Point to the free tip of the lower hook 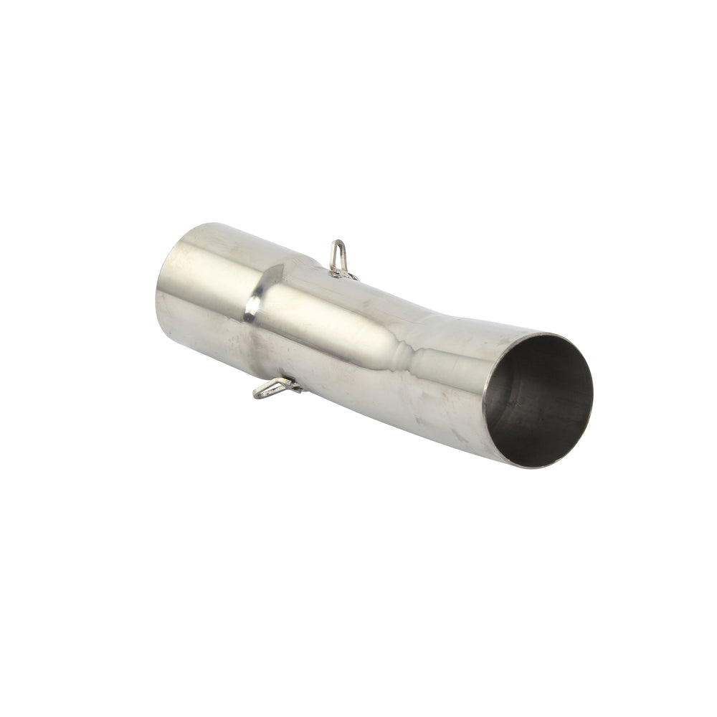click(257, 394)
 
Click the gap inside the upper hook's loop click(338, 255)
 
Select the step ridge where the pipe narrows click(262, 315)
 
